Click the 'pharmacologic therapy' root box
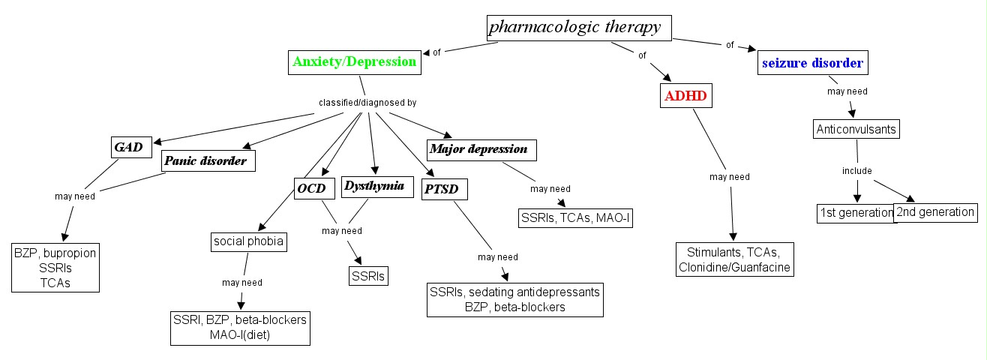(577, 28)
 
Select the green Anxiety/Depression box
(354, 62)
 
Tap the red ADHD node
(686, 96)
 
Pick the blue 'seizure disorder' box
(812, 63)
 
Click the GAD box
(130, 146)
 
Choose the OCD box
(311, 188)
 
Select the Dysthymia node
(378, 186)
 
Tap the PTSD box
(445, 188)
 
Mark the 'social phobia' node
(247, 241)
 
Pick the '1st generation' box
(854, 213)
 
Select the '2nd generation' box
(935, 212)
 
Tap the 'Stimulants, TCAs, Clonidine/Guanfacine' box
(733, 259)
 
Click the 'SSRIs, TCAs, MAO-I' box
(574, 217)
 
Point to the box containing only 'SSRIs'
(368, 276)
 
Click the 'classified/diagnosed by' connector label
(367, 102)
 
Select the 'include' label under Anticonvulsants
(856, 171)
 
